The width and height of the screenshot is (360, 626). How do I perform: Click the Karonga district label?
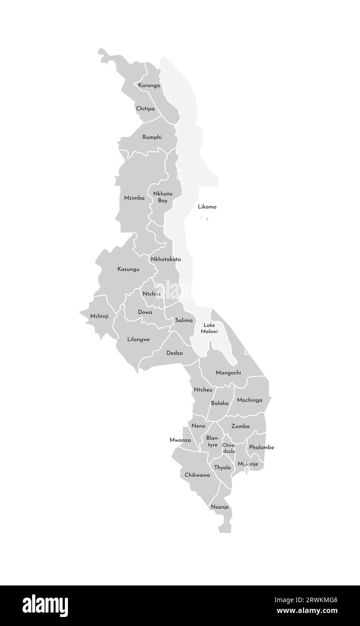[x=149, y=85]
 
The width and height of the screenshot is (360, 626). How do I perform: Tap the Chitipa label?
[x=145, y=109]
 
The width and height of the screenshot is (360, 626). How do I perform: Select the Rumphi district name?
[x=152, y=137]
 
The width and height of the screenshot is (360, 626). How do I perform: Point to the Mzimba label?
[x=134, y=198]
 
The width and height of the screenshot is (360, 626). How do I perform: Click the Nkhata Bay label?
[x=163, y=197]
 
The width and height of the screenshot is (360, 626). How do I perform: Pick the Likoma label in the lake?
[x=207, y=207]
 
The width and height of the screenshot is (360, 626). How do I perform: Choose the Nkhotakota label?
[x=166, y=259]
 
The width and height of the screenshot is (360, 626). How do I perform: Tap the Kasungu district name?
[x=128, y=269]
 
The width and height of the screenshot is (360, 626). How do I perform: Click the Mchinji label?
[x=99, y=316]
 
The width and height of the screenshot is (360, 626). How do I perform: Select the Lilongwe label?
[x=139, y=339]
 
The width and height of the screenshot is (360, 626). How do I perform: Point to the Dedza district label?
[x=175, y=353]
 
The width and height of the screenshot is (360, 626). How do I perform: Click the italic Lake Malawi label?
[x=210, y=328]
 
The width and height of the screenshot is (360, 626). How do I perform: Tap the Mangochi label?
[x=228, y=372]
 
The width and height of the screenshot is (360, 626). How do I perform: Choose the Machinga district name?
[x=249, y=399]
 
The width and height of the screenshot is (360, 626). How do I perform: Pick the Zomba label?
[x=240, y=426]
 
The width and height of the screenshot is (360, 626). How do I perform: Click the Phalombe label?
[x=261, y=447]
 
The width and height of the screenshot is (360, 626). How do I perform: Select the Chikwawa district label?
[x=197, y=475]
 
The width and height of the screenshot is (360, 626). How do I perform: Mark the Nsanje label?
[x=220, y=507]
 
